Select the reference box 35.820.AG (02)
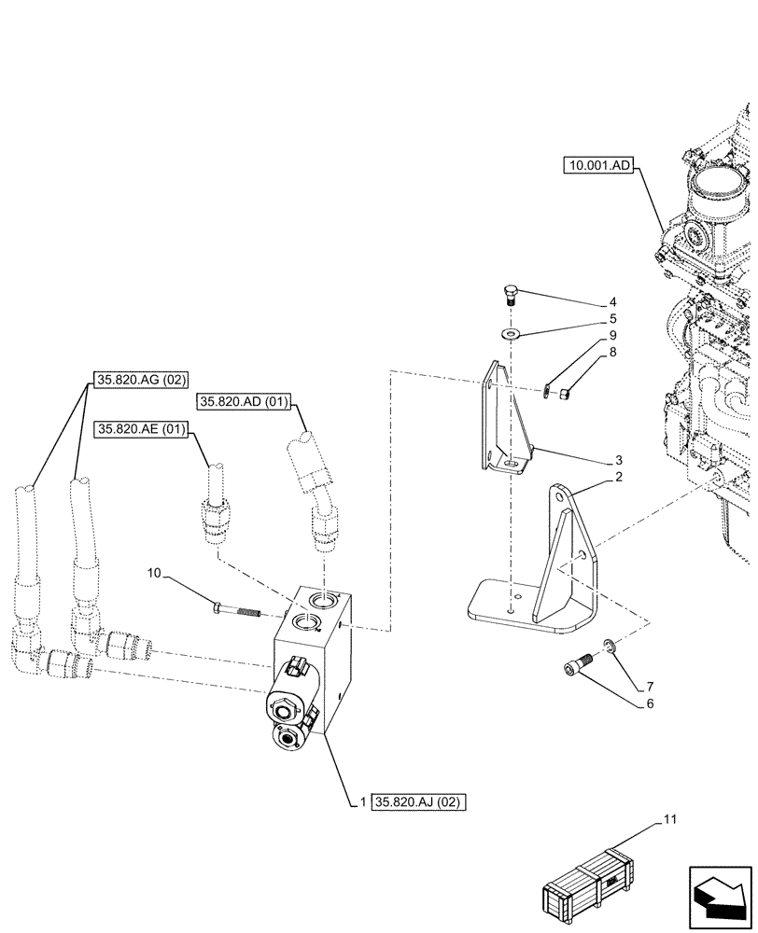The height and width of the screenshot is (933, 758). click(x=141, y=380)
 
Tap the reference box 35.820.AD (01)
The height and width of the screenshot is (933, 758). click(x=245, y=401)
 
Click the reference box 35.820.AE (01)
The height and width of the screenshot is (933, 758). click(x=141, y=429)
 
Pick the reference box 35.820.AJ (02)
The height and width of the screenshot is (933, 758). click(x=419, y=801)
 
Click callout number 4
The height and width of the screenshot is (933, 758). click(x=612, y=302)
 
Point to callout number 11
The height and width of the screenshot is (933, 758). click(x=668, y=819)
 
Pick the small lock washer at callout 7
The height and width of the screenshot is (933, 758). click(x=608, y=645)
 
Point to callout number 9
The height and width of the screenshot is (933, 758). click(x=612, y=335)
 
